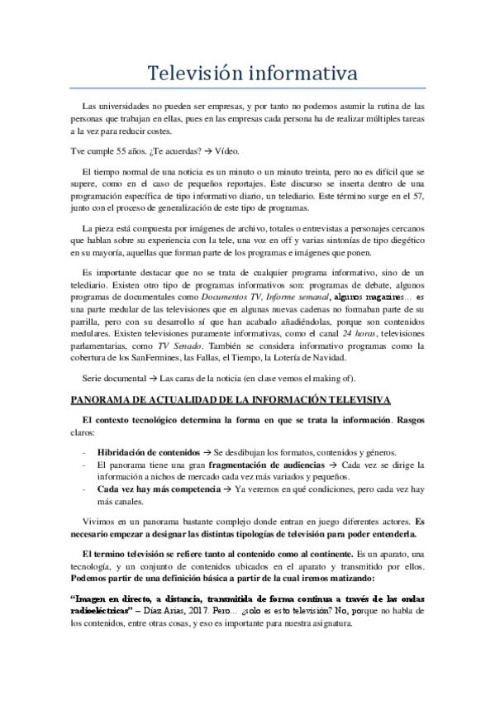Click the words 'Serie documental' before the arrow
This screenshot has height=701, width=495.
click(x=117, y=379)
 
